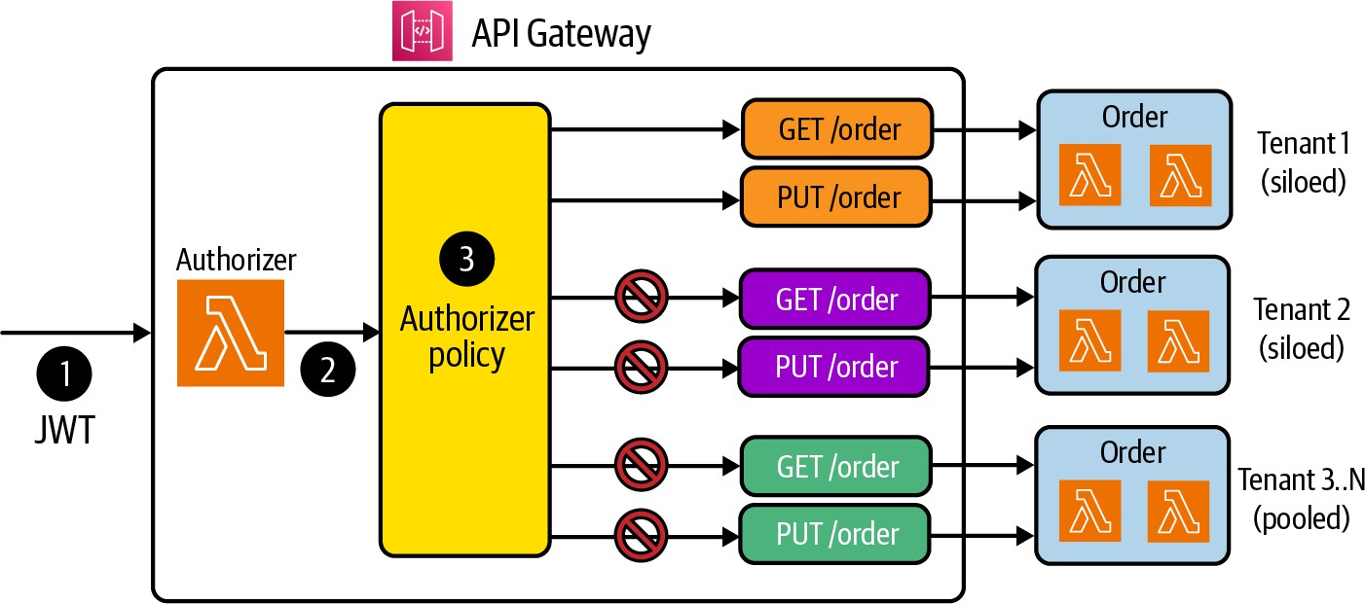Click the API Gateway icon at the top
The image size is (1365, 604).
(x=422, y=32)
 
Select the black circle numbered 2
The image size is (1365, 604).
(x=327, y=371)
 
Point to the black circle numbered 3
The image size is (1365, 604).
(x=466, y=261)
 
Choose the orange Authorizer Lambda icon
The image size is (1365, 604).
(x=230, y=333)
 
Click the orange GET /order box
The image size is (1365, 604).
(x=837, y=128)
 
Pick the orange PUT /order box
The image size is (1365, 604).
(x=837, y=197)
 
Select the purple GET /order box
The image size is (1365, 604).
(x=835, y=298)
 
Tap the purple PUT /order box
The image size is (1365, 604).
(x=835, y=367)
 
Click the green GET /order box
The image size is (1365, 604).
(x=835, y=466)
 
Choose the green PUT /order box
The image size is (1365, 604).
(x=835, y=534)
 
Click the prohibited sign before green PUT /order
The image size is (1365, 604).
(x=641, y=533)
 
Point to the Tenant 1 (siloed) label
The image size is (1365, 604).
(x=1302, y=162)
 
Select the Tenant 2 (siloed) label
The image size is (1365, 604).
(x=1302, y=328)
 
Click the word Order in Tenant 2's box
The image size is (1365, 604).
(x=1132, y=282)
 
